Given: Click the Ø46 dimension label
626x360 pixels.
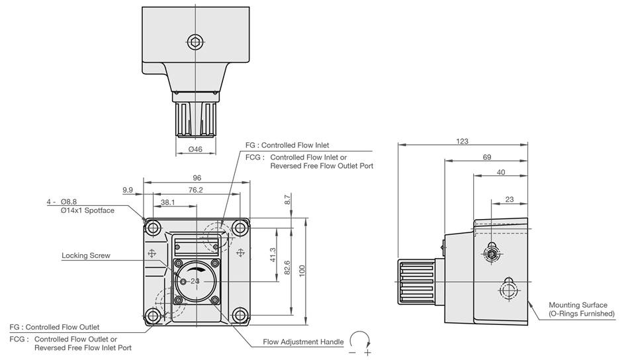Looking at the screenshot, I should pyautogui.click(x=195, y=150).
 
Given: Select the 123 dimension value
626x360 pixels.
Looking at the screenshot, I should pyautogui.click(x=462, y=141).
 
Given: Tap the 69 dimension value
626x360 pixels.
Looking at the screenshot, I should pyautogui.click(x=486, y=157).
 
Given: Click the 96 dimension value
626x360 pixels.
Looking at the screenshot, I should pyautogui.click(x=197, y=178).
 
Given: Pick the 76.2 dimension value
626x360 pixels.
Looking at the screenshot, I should pyautogui.click(x=195, y=190).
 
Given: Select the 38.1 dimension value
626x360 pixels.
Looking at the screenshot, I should pyautogui.click(x=167, y=202).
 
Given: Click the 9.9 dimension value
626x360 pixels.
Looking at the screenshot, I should pyautogui.click(x=128, y=190).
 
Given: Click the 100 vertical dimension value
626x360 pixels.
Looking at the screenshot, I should pyautogui.click(x=302, y=271).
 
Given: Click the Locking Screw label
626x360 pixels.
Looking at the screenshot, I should pyautogui.click(x=86, y=255).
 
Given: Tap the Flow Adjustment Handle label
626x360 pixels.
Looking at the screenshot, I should pyautogui.click(x=303, y=341).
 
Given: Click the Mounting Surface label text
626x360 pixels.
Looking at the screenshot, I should pyautogui.click(x=578, y=309).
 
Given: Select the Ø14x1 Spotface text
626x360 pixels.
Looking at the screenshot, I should pyautogui.click(x=87, y=210).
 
